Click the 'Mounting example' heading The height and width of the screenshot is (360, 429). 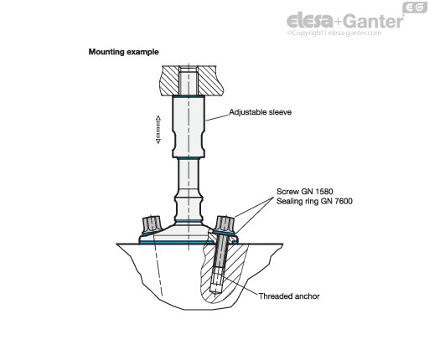tap(123, 52)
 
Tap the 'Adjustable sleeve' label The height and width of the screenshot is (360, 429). tap(261, 112)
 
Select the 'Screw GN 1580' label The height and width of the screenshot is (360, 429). tap(305, 192)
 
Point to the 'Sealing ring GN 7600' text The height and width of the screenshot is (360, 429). tap(314, 201)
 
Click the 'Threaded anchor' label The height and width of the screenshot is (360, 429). tap(289, 296)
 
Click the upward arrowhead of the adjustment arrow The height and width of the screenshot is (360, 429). tap(158, 118)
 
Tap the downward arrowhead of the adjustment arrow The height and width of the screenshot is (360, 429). tap(158, 141)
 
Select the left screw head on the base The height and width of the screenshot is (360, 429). tap(151, 224)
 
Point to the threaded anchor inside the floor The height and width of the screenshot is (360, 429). tap(216, 283)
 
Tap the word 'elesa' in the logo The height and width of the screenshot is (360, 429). tap(310, 20)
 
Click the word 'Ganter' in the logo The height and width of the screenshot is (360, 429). tap(373, 21)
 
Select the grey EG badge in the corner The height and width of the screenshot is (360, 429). tap(415, 8)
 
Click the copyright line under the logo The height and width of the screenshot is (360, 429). tap(334, 33)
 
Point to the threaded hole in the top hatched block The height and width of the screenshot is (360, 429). tap(189, 80)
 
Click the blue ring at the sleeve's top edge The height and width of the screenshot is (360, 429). tap(189, 96)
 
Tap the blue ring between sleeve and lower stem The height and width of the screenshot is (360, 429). tap(189, 158)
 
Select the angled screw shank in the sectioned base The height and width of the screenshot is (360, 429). tap(220, 253)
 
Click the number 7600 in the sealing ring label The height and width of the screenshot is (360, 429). tap(344, 201)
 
